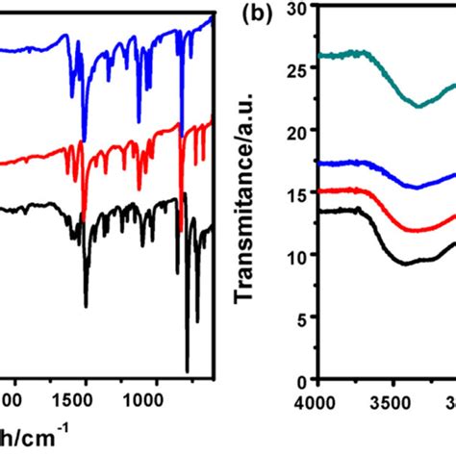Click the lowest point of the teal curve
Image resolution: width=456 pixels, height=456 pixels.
coord(419,106)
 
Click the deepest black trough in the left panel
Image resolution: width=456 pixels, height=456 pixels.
coord(187,370)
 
